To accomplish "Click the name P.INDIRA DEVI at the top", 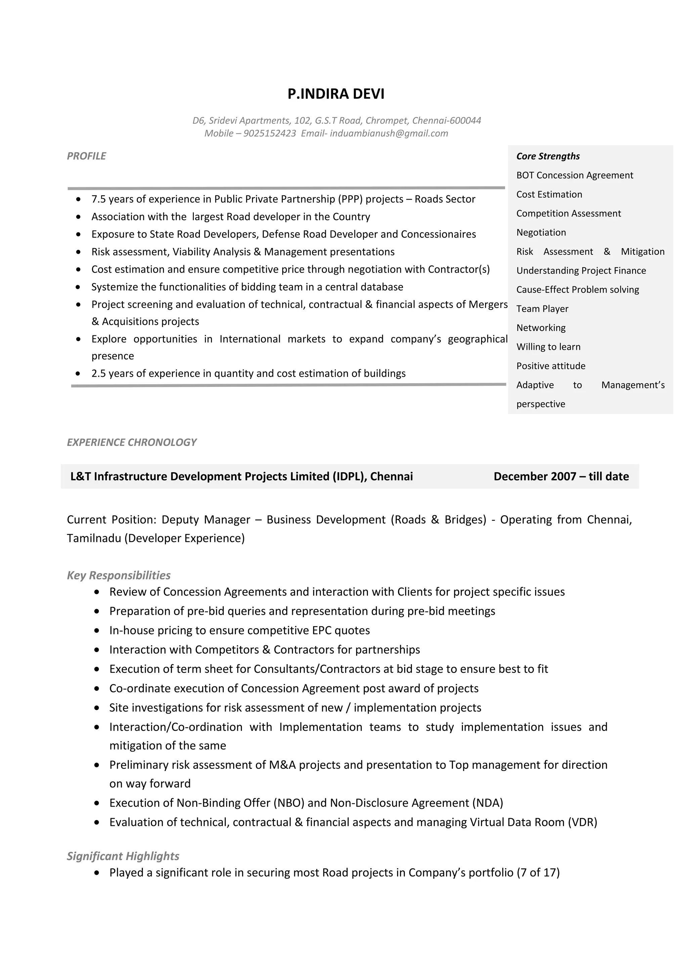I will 336,94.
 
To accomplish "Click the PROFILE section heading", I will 86,156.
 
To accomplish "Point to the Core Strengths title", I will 548,156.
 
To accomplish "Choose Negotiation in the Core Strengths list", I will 541,233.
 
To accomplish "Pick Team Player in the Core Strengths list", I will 542,309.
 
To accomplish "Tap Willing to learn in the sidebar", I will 548,347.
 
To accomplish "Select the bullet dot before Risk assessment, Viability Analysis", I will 78,252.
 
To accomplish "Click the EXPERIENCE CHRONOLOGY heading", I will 131,442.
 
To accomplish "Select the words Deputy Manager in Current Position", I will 206,520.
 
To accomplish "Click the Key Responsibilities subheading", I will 119,575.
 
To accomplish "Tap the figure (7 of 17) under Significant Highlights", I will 538,872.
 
